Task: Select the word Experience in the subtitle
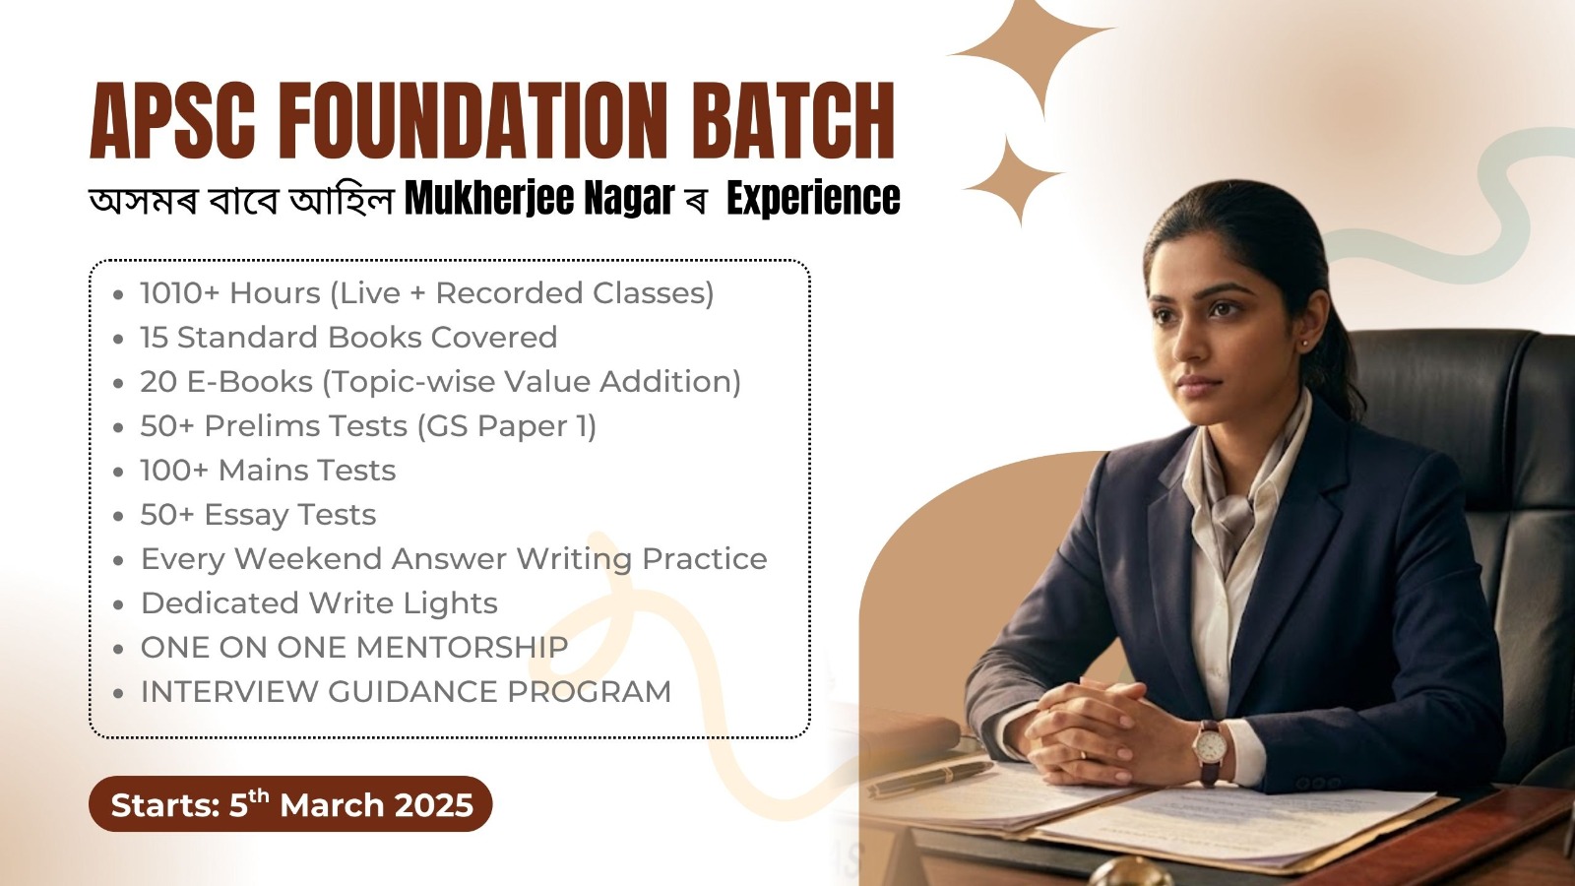click(813, 198)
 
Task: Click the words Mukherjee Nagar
click(539, 198)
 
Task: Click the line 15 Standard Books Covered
click(348, 338)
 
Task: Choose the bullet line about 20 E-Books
click(440, 382)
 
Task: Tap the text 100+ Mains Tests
click(268, 471)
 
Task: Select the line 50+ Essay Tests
click(258, 515)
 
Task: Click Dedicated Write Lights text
click(319, 603)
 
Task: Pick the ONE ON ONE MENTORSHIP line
click(354, 648)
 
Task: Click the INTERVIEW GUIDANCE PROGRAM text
click(406, 692)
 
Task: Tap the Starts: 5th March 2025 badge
click(291, 804)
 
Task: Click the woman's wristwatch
click(1210, 748)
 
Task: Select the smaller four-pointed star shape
click(1012, 182)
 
